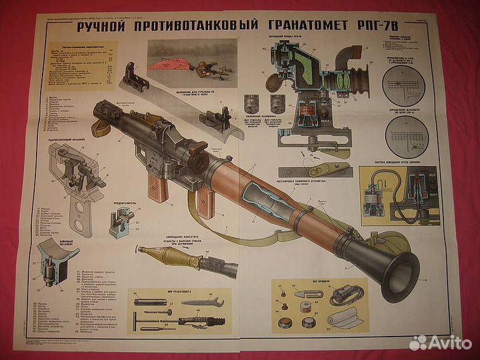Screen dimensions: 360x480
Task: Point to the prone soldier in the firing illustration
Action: click(199, 66)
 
